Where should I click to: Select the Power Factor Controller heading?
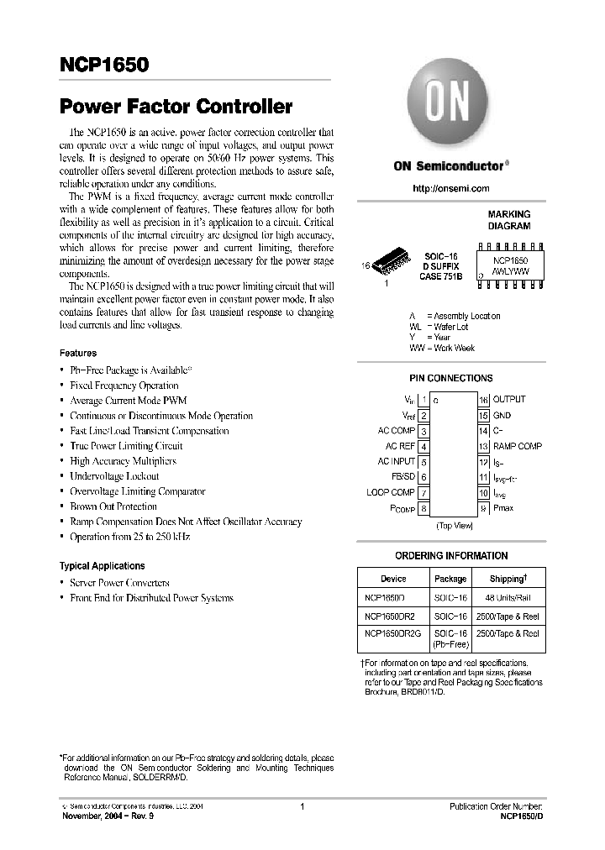(x=176, y=107)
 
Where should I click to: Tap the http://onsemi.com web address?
(x=450, y=189)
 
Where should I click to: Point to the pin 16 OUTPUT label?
(x=509, y=400)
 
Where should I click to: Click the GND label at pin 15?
(x=502, y=416)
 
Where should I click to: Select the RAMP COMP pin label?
(x=517, y=447)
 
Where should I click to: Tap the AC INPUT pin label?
(x=396, y=462)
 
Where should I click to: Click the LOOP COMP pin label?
(x=391, y=492)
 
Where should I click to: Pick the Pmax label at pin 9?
(x=503, y=508)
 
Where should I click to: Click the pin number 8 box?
(x=424, y=508)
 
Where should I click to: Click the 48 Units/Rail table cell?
(x=508, y=598)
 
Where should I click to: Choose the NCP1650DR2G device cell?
(x=392, y=634)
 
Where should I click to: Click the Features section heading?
(x=78, y=354)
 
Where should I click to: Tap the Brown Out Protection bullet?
(x=113, y=506)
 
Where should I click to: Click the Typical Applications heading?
(x=103, y=566)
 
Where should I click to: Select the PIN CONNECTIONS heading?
(x=450, y=379)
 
